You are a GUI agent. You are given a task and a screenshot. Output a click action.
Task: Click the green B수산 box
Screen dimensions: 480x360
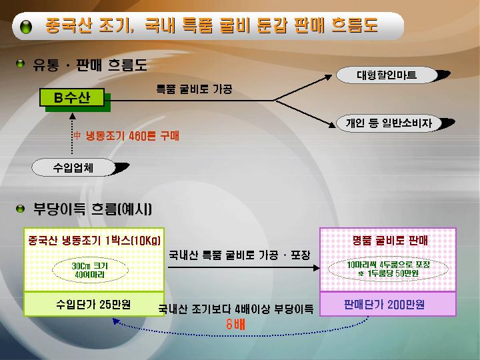[72, 97]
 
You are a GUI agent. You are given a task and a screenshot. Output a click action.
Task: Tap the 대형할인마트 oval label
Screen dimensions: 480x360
[387, 75]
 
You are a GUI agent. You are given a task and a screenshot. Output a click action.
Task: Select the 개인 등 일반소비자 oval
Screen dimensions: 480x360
[389, 123]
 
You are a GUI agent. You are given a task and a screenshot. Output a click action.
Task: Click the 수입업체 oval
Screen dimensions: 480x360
[73, 167]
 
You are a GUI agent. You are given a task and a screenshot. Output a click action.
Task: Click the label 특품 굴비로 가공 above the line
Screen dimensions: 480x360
[194, 89]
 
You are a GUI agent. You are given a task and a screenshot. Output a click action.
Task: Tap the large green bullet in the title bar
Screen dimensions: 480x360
[26, 27]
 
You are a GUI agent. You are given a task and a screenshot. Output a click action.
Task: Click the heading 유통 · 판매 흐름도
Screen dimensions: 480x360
[90, 65]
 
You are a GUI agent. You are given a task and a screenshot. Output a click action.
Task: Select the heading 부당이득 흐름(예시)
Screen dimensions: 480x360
[93, 209]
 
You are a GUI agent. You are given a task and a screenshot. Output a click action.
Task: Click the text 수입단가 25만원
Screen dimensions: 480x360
[94, 304]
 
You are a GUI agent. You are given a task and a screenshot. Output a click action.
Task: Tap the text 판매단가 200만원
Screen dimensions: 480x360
[385, 305]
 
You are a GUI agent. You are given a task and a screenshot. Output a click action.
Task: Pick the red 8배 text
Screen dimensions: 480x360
[236, 324]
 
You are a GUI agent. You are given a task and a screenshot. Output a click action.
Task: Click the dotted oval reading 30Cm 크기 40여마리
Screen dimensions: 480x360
[90, 270]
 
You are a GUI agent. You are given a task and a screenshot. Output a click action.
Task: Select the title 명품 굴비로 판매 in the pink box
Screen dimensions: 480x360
[390, 241]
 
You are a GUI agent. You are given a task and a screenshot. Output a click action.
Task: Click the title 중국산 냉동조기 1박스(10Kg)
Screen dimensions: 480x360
[94, 241]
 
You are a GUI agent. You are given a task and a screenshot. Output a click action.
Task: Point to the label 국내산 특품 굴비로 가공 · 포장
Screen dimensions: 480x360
[240, 255]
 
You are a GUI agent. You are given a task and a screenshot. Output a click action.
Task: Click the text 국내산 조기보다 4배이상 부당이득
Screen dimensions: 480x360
[236, 309]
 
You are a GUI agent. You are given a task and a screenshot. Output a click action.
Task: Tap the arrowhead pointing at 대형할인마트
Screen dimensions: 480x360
[329, 77]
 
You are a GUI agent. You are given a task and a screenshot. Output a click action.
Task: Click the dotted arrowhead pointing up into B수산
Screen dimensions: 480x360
[72, 116]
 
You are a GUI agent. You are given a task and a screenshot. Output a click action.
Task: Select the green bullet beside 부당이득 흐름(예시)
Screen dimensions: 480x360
[20, 209]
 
